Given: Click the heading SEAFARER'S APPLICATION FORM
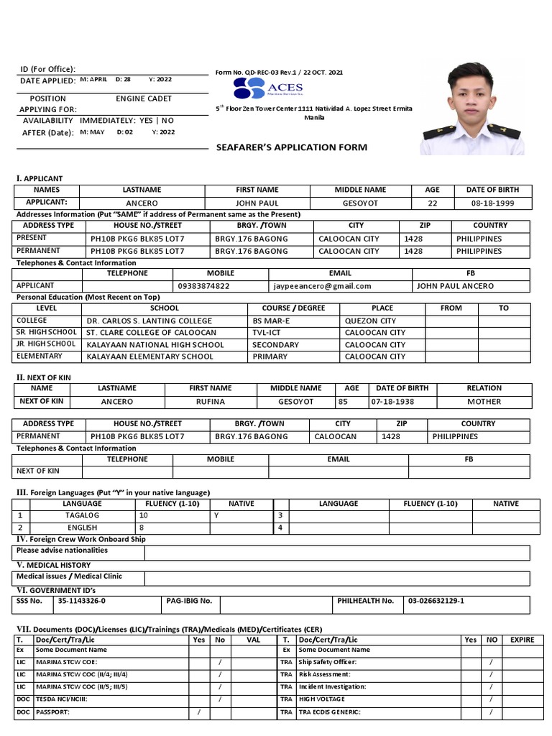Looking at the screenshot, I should [292, 147].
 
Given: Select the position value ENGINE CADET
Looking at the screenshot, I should [144, 98].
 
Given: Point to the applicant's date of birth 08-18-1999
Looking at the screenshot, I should [492, 203].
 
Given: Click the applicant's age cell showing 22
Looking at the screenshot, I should [432, 203].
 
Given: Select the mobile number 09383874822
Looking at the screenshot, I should [204, 286].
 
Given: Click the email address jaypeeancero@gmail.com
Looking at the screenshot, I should [322, 286].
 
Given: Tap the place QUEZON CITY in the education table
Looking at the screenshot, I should [370, 321].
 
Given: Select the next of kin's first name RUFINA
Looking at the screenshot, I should [211, 402].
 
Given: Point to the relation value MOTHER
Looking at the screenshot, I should [484, 402].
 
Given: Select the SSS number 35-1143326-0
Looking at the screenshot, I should [82, 601].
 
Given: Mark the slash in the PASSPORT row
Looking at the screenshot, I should [198, 712].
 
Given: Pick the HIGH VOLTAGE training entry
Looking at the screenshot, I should [322, 699].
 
